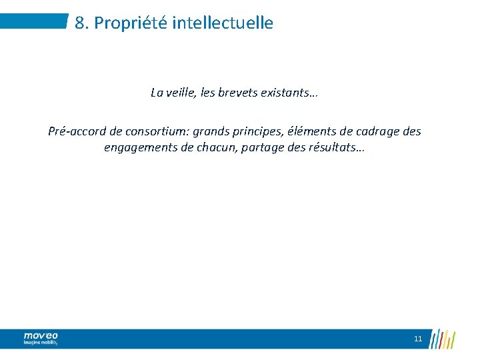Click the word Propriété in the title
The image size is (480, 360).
click(130, 23)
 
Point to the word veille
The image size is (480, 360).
click(179, 93)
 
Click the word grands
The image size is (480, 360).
click(211, 131)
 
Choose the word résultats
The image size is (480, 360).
click(337, 147)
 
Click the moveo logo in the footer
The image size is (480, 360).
click(41, 339)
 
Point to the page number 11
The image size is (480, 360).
click(418, 339)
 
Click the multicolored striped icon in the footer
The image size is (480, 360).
click(442, 338)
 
